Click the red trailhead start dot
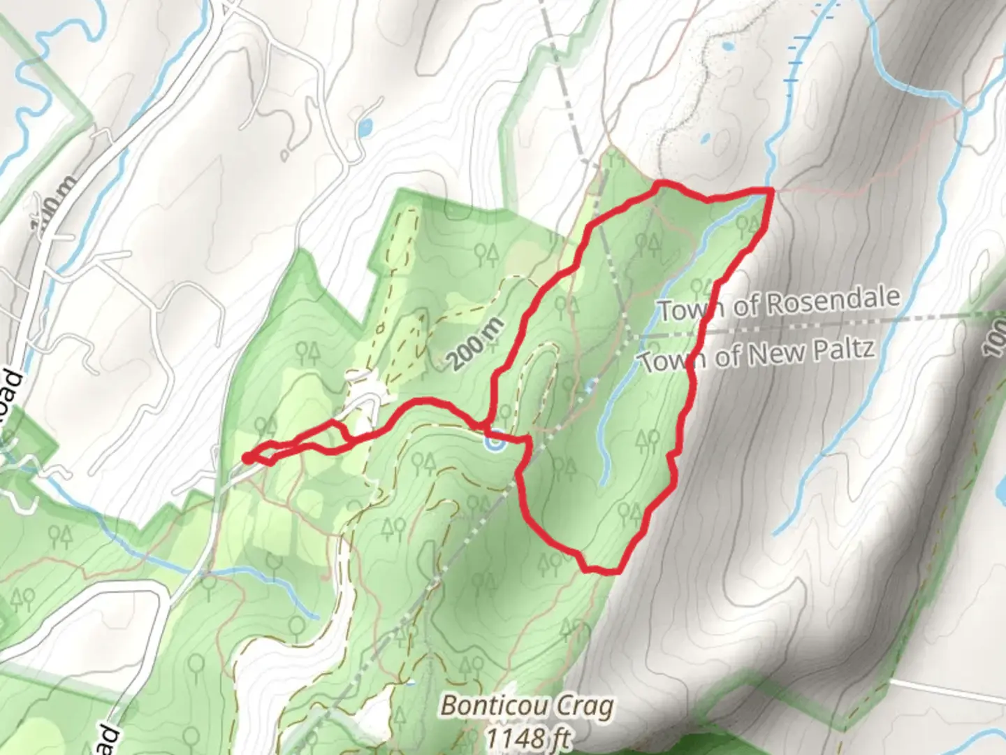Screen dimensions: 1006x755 coord(247,459)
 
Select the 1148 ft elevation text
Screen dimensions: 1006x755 coord(527,737)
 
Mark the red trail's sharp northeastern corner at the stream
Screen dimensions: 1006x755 coord(770,190)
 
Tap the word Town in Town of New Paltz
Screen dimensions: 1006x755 coord(669,361)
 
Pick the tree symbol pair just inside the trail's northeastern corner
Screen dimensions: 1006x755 coord(747,225)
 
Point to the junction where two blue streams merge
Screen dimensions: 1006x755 coord(965,110)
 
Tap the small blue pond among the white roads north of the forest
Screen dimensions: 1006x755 coord(365,128)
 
